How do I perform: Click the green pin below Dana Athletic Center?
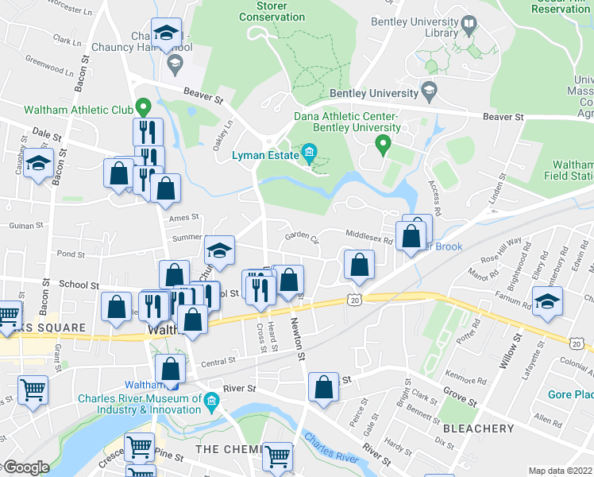[x=383, y=145]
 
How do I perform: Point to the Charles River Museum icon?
[x=210, y=399]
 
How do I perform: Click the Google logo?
[x=25, y=467]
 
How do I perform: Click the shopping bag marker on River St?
[x=323, y=390]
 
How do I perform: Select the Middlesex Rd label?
[x=368, y=236]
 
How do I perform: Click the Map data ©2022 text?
[x=560, y=471]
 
